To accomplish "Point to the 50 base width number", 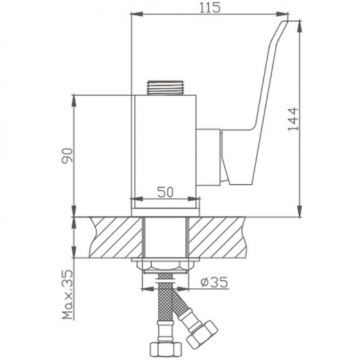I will (165, 193).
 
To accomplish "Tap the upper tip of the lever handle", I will (282, 26).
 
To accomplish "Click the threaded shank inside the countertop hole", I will (165, 237).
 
